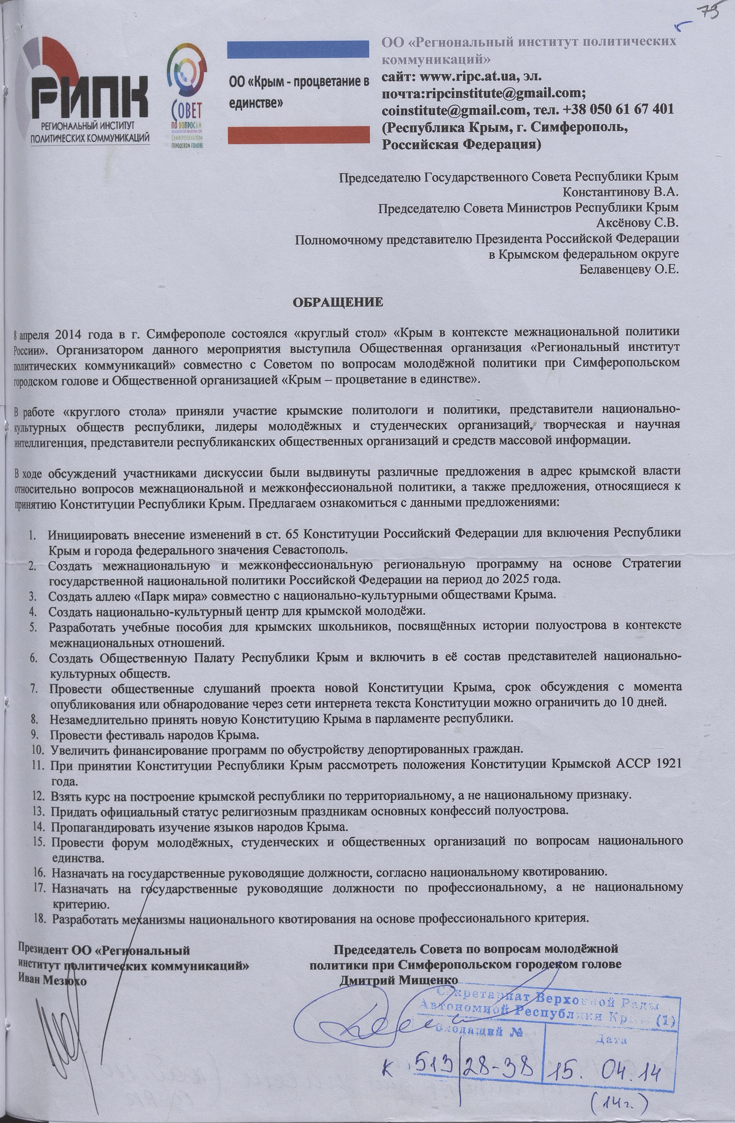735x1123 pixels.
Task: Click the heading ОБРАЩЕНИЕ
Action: [x=338, y=302]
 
